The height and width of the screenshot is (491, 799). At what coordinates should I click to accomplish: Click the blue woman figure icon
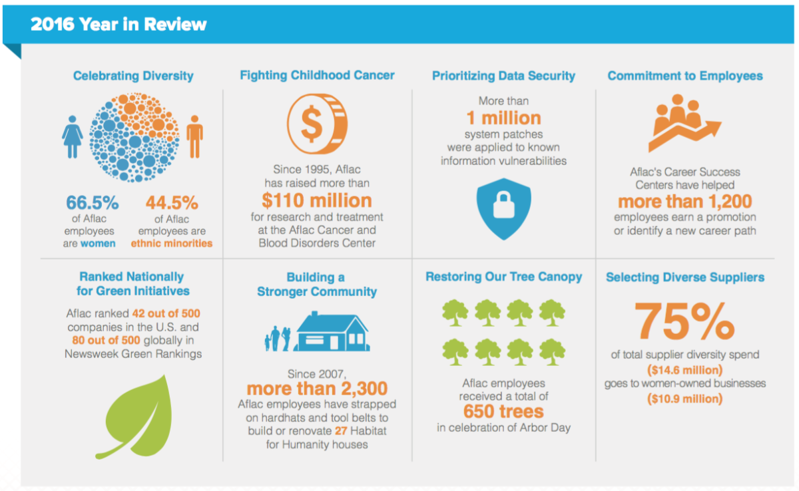click(x=73, y=136)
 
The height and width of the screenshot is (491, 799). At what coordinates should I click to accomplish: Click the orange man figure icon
click(x=194, y=136)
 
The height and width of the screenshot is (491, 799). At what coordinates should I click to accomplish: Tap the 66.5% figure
click(x=93, y=202)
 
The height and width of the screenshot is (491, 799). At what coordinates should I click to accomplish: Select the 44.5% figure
click(x=172, y=202)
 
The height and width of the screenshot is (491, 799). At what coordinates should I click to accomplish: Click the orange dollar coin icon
click(x=317, y=124)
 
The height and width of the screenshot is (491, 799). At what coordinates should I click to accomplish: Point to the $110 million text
click(x=317, y=200)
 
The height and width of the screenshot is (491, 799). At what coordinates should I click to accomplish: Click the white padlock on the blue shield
click(x=503, y=205)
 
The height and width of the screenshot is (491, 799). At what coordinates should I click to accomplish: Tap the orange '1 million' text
click(x=503, y=118)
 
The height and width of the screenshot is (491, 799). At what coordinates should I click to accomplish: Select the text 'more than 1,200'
click(x=685, y=202)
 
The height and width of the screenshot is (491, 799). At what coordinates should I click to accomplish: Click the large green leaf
click(x=137, y=417)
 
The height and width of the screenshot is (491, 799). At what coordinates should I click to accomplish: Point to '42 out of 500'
click(x=166, y=313)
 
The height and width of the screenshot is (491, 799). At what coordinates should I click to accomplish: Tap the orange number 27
click(x=341, y=430)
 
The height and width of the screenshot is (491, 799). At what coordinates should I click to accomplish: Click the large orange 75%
click(x=684, y=321)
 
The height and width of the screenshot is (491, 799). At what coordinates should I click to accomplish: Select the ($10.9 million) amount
click(x=685, y=399)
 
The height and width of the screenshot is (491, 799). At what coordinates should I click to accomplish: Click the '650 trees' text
click(x=503, y=411)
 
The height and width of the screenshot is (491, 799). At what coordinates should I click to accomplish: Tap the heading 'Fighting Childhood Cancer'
click(x=317, y=75)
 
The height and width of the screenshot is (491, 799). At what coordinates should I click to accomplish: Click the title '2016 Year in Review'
click(x=119, y=24)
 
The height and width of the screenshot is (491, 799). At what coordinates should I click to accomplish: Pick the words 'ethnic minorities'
click(x=172, y=244)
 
